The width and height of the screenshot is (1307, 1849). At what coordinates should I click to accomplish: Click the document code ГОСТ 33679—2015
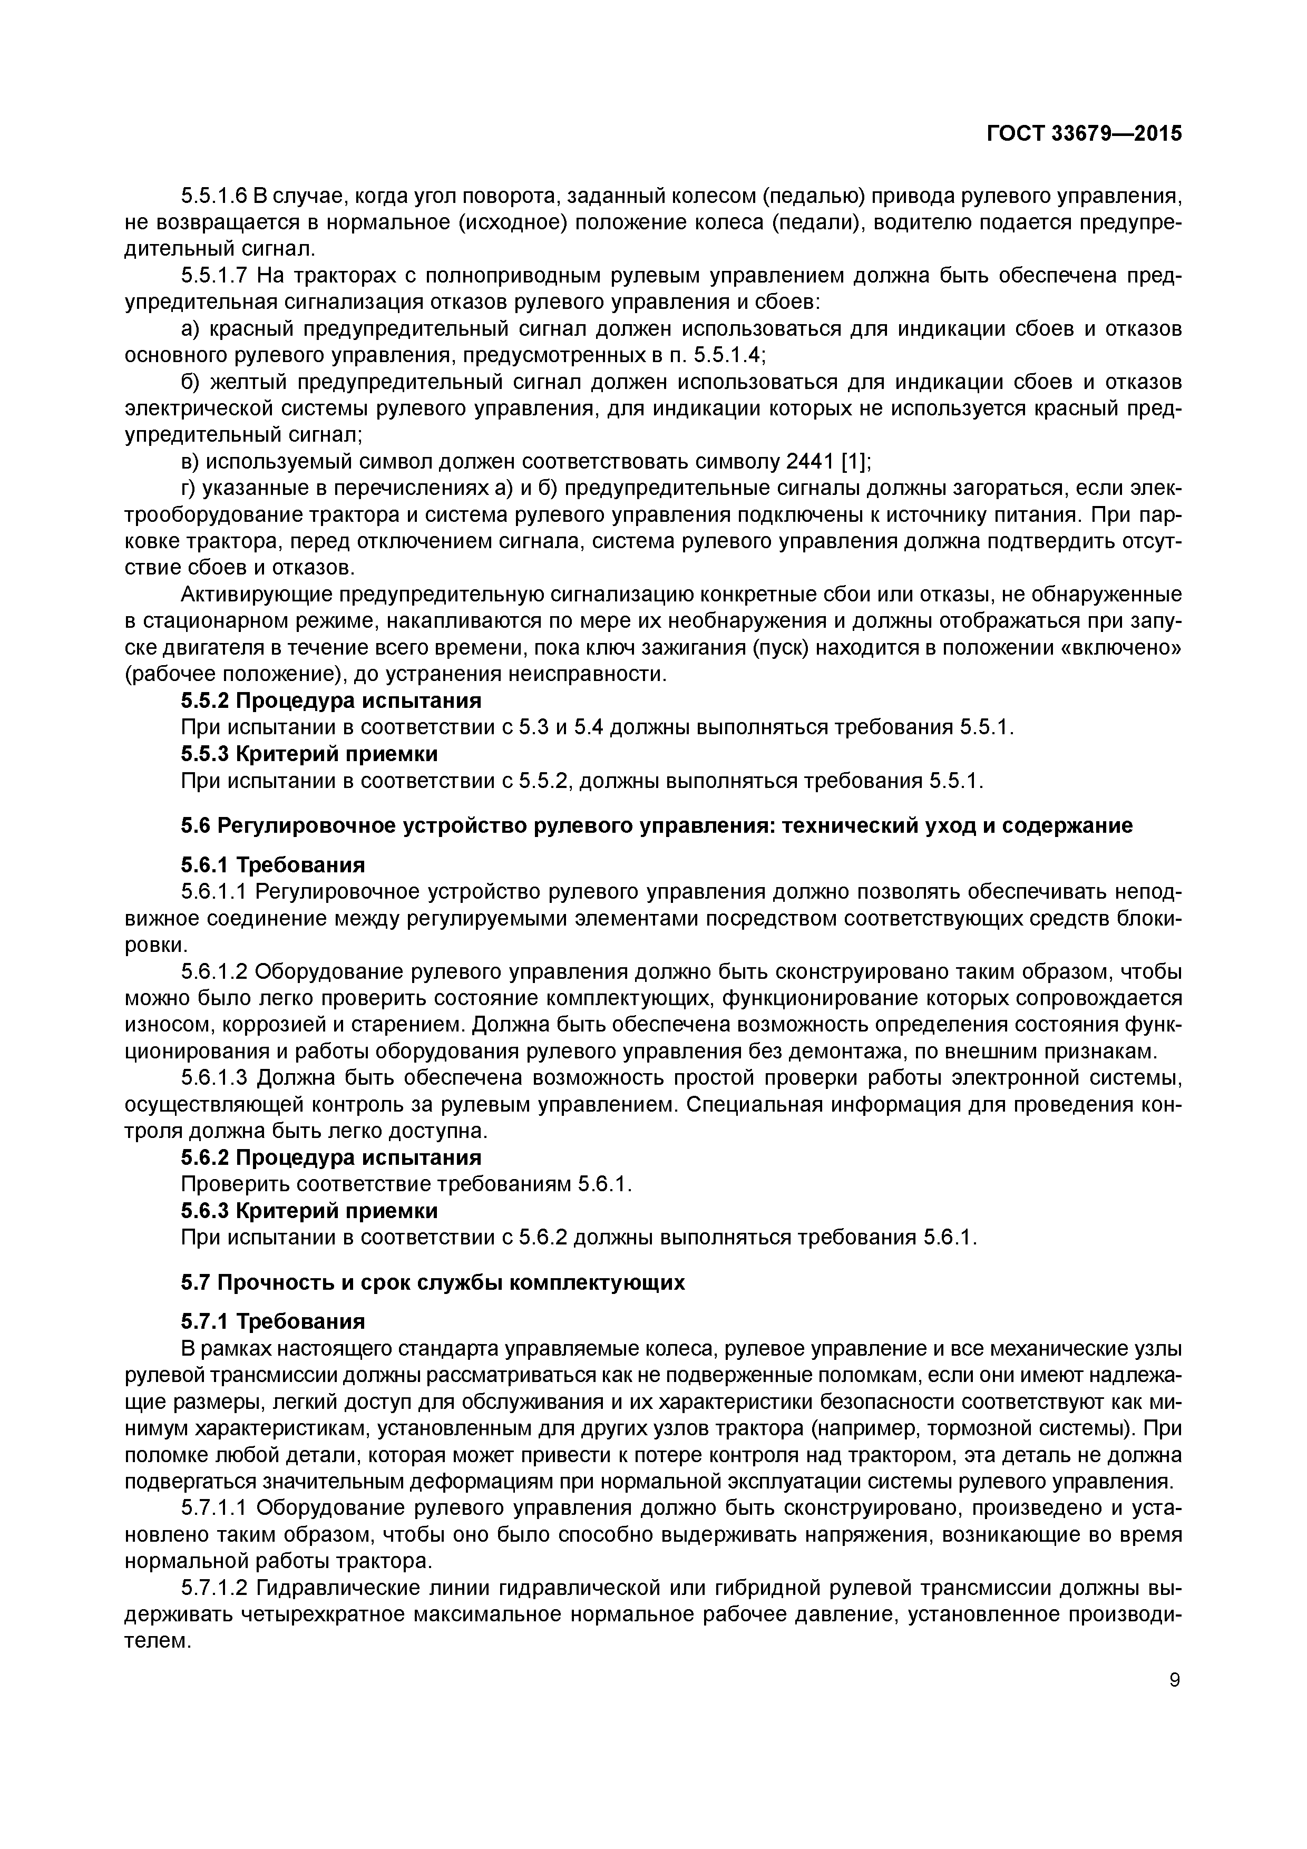1084,134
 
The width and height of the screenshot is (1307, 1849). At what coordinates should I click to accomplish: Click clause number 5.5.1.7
213,276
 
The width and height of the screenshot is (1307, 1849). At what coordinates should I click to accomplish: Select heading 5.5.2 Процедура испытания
331,700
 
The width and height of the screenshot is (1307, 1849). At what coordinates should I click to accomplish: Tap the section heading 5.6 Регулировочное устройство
656,825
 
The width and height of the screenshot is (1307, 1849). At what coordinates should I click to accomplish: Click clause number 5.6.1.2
213,971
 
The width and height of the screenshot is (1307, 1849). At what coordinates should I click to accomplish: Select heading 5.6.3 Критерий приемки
309,1210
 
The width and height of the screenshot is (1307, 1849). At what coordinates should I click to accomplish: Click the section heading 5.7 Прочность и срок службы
433,1283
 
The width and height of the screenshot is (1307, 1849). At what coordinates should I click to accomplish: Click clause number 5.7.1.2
213,1588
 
